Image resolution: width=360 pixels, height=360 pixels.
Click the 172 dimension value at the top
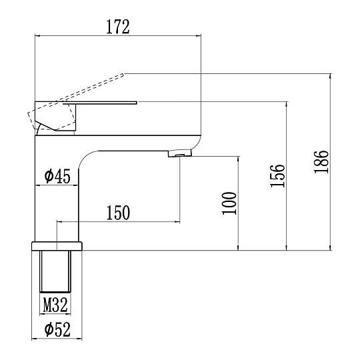click(118, 27)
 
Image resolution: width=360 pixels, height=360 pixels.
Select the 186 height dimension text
click(321, 162)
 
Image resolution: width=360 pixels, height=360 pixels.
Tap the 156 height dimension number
click(277, 176)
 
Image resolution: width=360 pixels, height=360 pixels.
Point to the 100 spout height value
click(229, 203)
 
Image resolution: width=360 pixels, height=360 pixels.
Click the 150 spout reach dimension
click(118, 213)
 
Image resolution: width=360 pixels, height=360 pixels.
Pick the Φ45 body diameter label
click(57, 176)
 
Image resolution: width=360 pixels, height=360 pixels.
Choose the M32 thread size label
click(55, 305)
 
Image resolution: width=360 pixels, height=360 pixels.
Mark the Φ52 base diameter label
click(57, 329)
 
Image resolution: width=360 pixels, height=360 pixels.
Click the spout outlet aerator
click(180, 153)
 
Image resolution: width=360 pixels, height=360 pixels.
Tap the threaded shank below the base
click(55, 271)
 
